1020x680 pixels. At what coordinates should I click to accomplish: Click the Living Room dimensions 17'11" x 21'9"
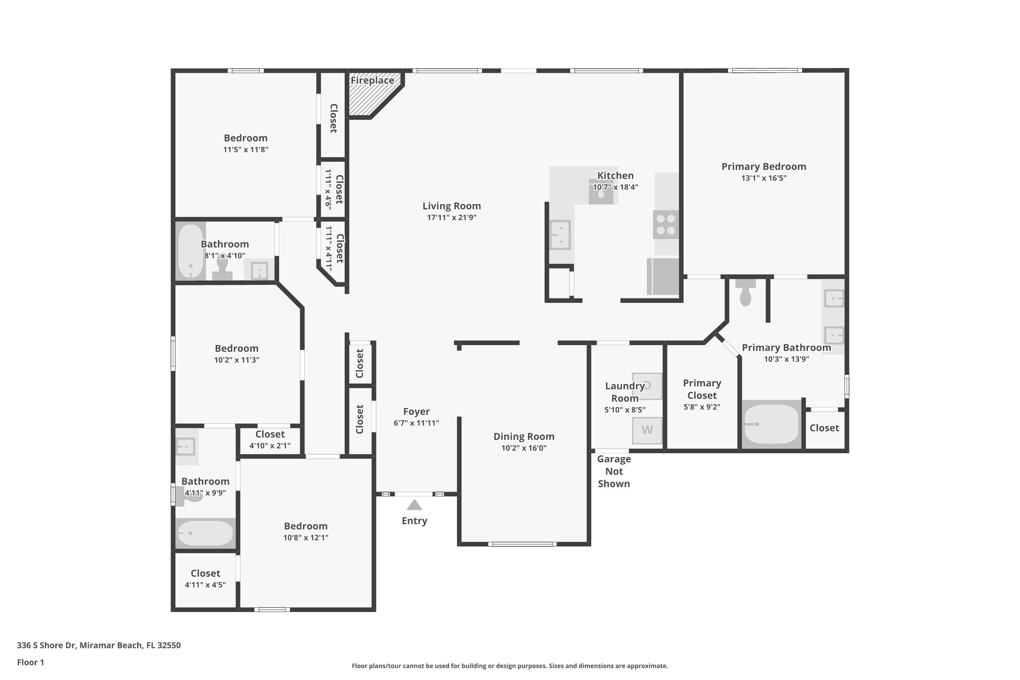click(452, 217)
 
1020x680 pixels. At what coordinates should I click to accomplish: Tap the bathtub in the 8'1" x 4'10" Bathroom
click(191, 252)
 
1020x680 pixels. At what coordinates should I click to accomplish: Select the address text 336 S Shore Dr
click(99, 645)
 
